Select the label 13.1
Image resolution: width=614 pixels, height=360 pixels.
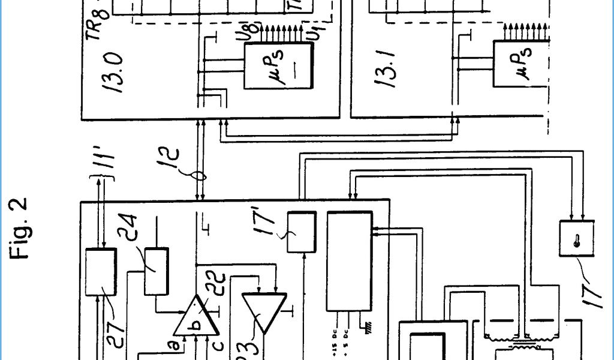click(x=387, y=71)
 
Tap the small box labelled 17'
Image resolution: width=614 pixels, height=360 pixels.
click(x=302, y=232)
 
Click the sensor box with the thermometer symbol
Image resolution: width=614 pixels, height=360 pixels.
click(x=576, y=239)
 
